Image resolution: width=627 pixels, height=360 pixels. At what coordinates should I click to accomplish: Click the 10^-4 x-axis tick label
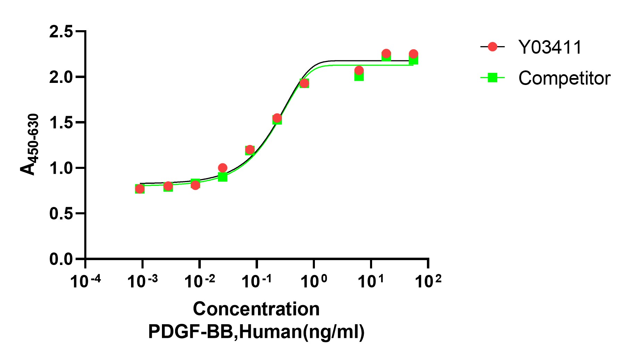[x=85, y=281]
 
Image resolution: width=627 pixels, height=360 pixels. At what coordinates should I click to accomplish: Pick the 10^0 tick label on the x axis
[x=314, y=281]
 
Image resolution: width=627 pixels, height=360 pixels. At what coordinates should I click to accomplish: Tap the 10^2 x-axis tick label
[x=428, y=281]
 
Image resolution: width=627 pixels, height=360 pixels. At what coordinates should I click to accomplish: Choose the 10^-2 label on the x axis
[x=199, y=281]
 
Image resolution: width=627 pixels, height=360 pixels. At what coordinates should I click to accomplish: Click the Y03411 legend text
[x=550, y=47]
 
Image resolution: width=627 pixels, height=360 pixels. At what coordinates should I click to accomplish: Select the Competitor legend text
[x=564, y=78]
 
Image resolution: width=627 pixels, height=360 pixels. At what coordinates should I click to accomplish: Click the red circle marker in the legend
[x=492, y=47]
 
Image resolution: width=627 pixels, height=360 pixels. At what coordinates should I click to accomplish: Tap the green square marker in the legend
[x=492, y=78]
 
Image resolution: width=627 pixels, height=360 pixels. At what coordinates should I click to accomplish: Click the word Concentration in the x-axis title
[x=256, y=309]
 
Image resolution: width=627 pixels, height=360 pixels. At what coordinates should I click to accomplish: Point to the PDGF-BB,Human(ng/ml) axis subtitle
[x=256, y=332]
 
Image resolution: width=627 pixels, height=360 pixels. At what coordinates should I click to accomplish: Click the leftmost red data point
[x=140, y=189]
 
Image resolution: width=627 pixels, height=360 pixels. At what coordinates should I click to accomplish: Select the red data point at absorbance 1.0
[x=223, y=168]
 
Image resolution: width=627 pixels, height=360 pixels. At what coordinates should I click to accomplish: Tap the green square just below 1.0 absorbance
[x=223, y=177]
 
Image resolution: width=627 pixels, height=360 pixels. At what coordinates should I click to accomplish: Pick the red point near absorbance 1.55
[x=277, y=118]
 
